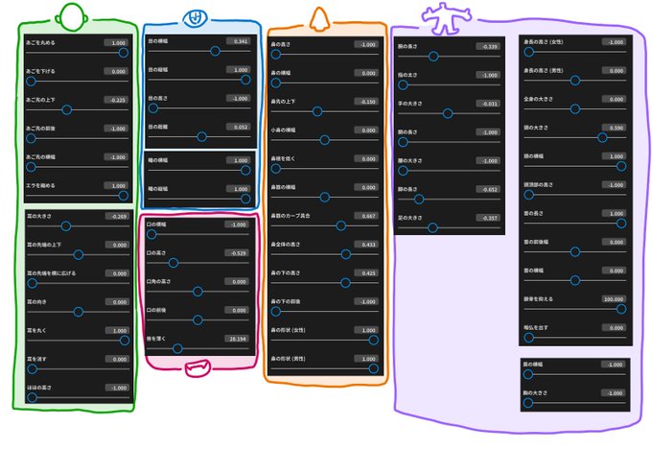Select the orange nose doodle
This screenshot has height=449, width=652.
319,16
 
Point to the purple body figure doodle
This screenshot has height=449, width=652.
445,15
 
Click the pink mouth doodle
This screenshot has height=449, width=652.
199,366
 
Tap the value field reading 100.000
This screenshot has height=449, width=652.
612,298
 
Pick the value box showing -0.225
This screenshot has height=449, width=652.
116,100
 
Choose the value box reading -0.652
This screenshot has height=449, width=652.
486,189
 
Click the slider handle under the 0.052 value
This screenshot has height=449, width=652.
201,136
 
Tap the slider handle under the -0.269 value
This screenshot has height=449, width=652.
65,225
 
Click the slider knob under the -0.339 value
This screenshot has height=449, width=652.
433,57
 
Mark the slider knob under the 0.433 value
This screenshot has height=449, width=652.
345,254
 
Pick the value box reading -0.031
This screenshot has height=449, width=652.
486,103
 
